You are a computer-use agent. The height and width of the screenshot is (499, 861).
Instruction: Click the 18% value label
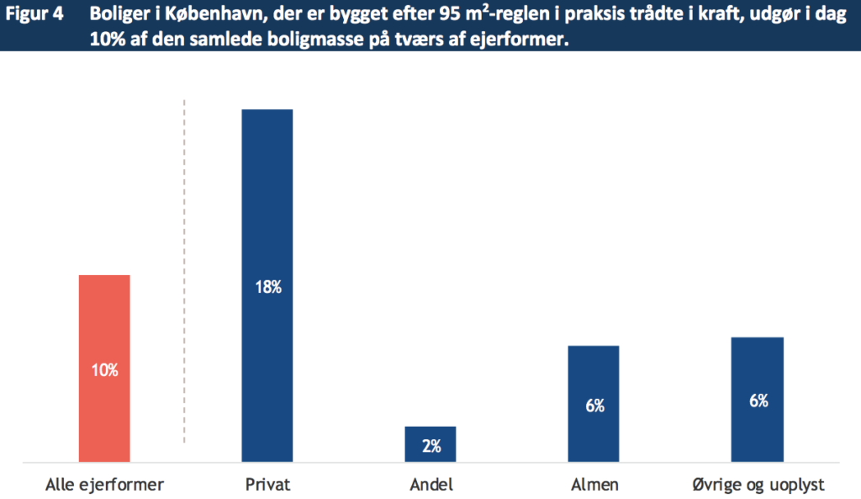(x=267, y=287)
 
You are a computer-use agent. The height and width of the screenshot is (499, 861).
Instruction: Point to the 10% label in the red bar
(x=105, y=369)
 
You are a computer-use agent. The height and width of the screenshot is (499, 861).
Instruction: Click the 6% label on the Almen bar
(x=594, y=406)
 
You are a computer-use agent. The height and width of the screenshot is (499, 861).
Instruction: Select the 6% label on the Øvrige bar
(x=758, y=401)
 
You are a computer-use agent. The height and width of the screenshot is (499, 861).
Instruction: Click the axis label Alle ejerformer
(x=104, y=485)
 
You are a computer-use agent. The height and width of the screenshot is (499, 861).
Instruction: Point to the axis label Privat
(x=267, y=485)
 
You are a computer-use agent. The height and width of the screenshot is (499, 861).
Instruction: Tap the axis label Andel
(x=430, y=485)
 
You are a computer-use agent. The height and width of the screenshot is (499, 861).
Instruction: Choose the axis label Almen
(x=594, y=485)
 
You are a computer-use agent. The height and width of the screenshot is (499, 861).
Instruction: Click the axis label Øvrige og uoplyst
(x=758, y=485)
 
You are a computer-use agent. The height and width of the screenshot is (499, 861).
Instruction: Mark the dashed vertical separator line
(x=184, y=269)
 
